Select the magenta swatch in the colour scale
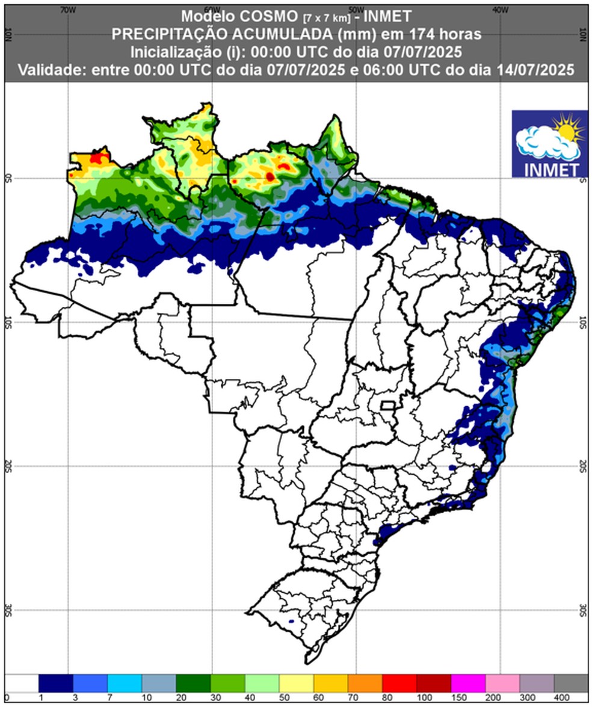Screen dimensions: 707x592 tap(468, 684)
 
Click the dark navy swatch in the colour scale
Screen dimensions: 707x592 tap(56, 684)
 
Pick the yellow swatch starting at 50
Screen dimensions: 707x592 tap(297, 684)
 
